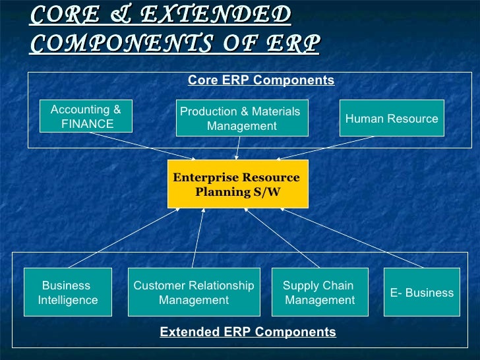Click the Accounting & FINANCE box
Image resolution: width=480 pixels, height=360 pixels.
pyautogui.click(x=86, y=117)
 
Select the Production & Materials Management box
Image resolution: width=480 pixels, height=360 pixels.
pyautogui.click(x=241, y=119)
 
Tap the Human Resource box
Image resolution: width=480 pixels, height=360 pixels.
pyautogui.click(x=392, y=119)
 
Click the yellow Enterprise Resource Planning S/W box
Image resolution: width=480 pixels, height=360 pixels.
pyautogui.click(x=237, y=184)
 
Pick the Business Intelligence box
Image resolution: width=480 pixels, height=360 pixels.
pyautogui.click(x=68, y=293)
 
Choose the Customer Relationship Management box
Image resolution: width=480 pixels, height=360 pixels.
pyautogui.click(x=193, y=293)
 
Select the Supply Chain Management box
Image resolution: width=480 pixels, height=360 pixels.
pyautogui.click(x=320, y=293)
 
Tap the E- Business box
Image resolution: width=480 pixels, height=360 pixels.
pyautogui.click(x=422, y=293)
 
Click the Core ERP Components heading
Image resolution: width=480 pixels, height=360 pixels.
pyautogui.click(x=261, y=80)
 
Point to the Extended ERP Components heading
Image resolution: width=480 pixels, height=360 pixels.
pyautogui.click(x=248, y=332)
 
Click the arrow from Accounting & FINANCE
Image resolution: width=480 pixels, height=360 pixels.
pyautogui.click(x=142, y=145)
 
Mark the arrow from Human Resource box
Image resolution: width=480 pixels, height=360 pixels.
pyautogui.click(x=326, y=147)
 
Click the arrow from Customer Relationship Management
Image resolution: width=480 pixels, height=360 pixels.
pyautogui.click(x=198, y=238)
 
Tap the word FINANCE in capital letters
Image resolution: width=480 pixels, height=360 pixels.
pyautogui.click(x=87, y=124)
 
